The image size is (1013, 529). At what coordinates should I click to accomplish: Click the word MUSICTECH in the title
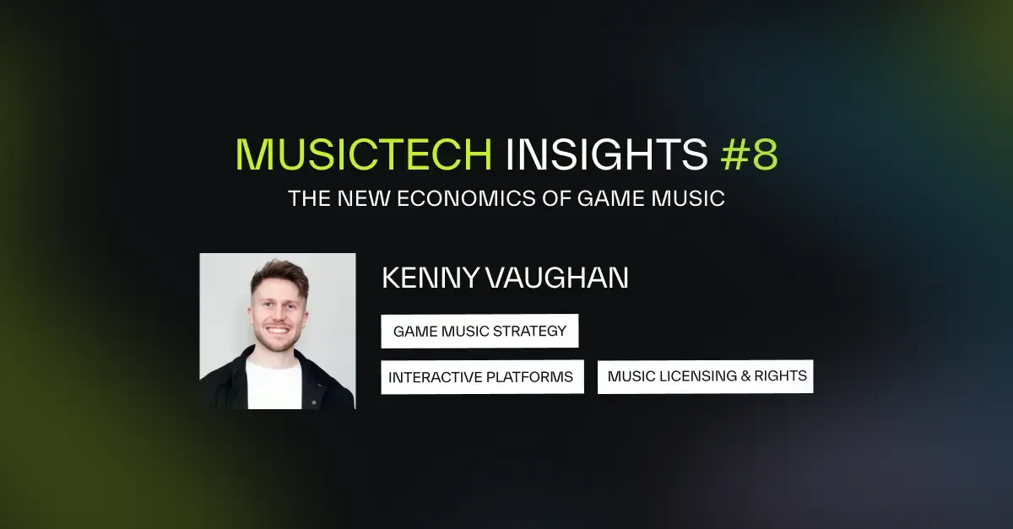click(363, 154)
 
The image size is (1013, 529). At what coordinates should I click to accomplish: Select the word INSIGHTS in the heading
click(607, 154)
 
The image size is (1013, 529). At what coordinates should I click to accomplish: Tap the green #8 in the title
click(749, 154)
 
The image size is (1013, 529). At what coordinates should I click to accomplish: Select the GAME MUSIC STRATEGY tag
click(479, 331)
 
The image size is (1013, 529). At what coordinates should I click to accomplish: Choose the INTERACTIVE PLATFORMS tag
click(482, 377)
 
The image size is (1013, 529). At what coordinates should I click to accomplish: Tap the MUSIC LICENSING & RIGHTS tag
click(706, 376)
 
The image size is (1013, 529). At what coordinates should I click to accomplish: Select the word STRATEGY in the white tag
click(535, 331)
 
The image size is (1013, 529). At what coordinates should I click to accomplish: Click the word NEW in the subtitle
click(345, 200)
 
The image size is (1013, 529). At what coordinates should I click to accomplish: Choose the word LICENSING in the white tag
click(700, 376)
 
